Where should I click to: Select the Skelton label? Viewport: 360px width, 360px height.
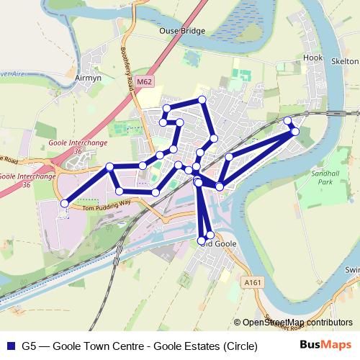coord(346,61)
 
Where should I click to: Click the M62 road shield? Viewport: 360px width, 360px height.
coord(144,82)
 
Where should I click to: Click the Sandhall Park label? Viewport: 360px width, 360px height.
coord(318,177)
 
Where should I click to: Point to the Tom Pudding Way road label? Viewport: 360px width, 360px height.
coord(108,205)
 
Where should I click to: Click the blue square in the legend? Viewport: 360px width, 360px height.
coord(10,346)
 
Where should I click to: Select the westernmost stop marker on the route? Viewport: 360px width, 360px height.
coord(64,204)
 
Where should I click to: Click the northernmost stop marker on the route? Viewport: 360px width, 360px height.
coord(202,99)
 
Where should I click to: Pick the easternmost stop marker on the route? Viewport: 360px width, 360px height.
coord(295,131)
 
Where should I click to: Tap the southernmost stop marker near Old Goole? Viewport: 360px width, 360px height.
coord(202,240)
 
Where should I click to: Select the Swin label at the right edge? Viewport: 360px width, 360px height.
coord(351,269)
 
